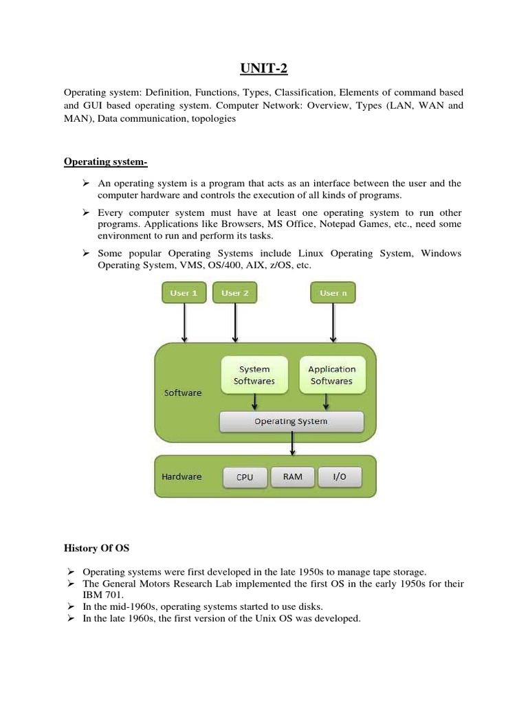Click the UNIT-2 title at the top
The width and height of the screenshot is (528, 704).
(263, 67)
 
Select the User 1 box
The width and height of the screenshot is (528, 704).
(184, 293)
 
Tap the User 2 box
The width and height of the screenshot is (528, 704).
(235, 293)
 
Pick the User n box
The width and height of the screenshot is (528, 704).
(333, 293)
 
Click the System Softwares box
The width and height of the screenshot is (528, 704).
(254, 375)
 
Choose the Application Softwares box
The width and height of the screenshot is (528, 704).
(331, 375)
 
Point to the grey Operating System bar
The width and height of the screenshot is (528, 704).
(291, 421)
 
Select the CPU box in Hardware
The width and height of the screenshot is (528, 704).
(245, 477)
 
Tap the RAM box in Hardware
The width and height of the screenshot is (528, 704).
(292, 477)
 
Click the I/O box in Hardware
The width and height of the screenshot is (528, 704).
(340, 477)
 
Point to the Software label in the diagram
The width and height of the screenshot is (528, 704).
(183, 393)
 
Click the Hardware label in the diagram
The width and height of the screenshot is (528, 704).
(181, 476)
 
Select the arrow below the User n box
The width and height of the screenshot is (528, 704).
(333, 323)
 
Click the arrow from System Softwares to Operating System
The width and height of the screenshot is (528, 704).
(255, 401)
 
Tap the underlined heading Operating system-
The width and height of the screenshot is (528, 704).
(105, 162)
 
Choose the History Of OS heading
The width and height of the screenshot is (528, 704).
(96, 549)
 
